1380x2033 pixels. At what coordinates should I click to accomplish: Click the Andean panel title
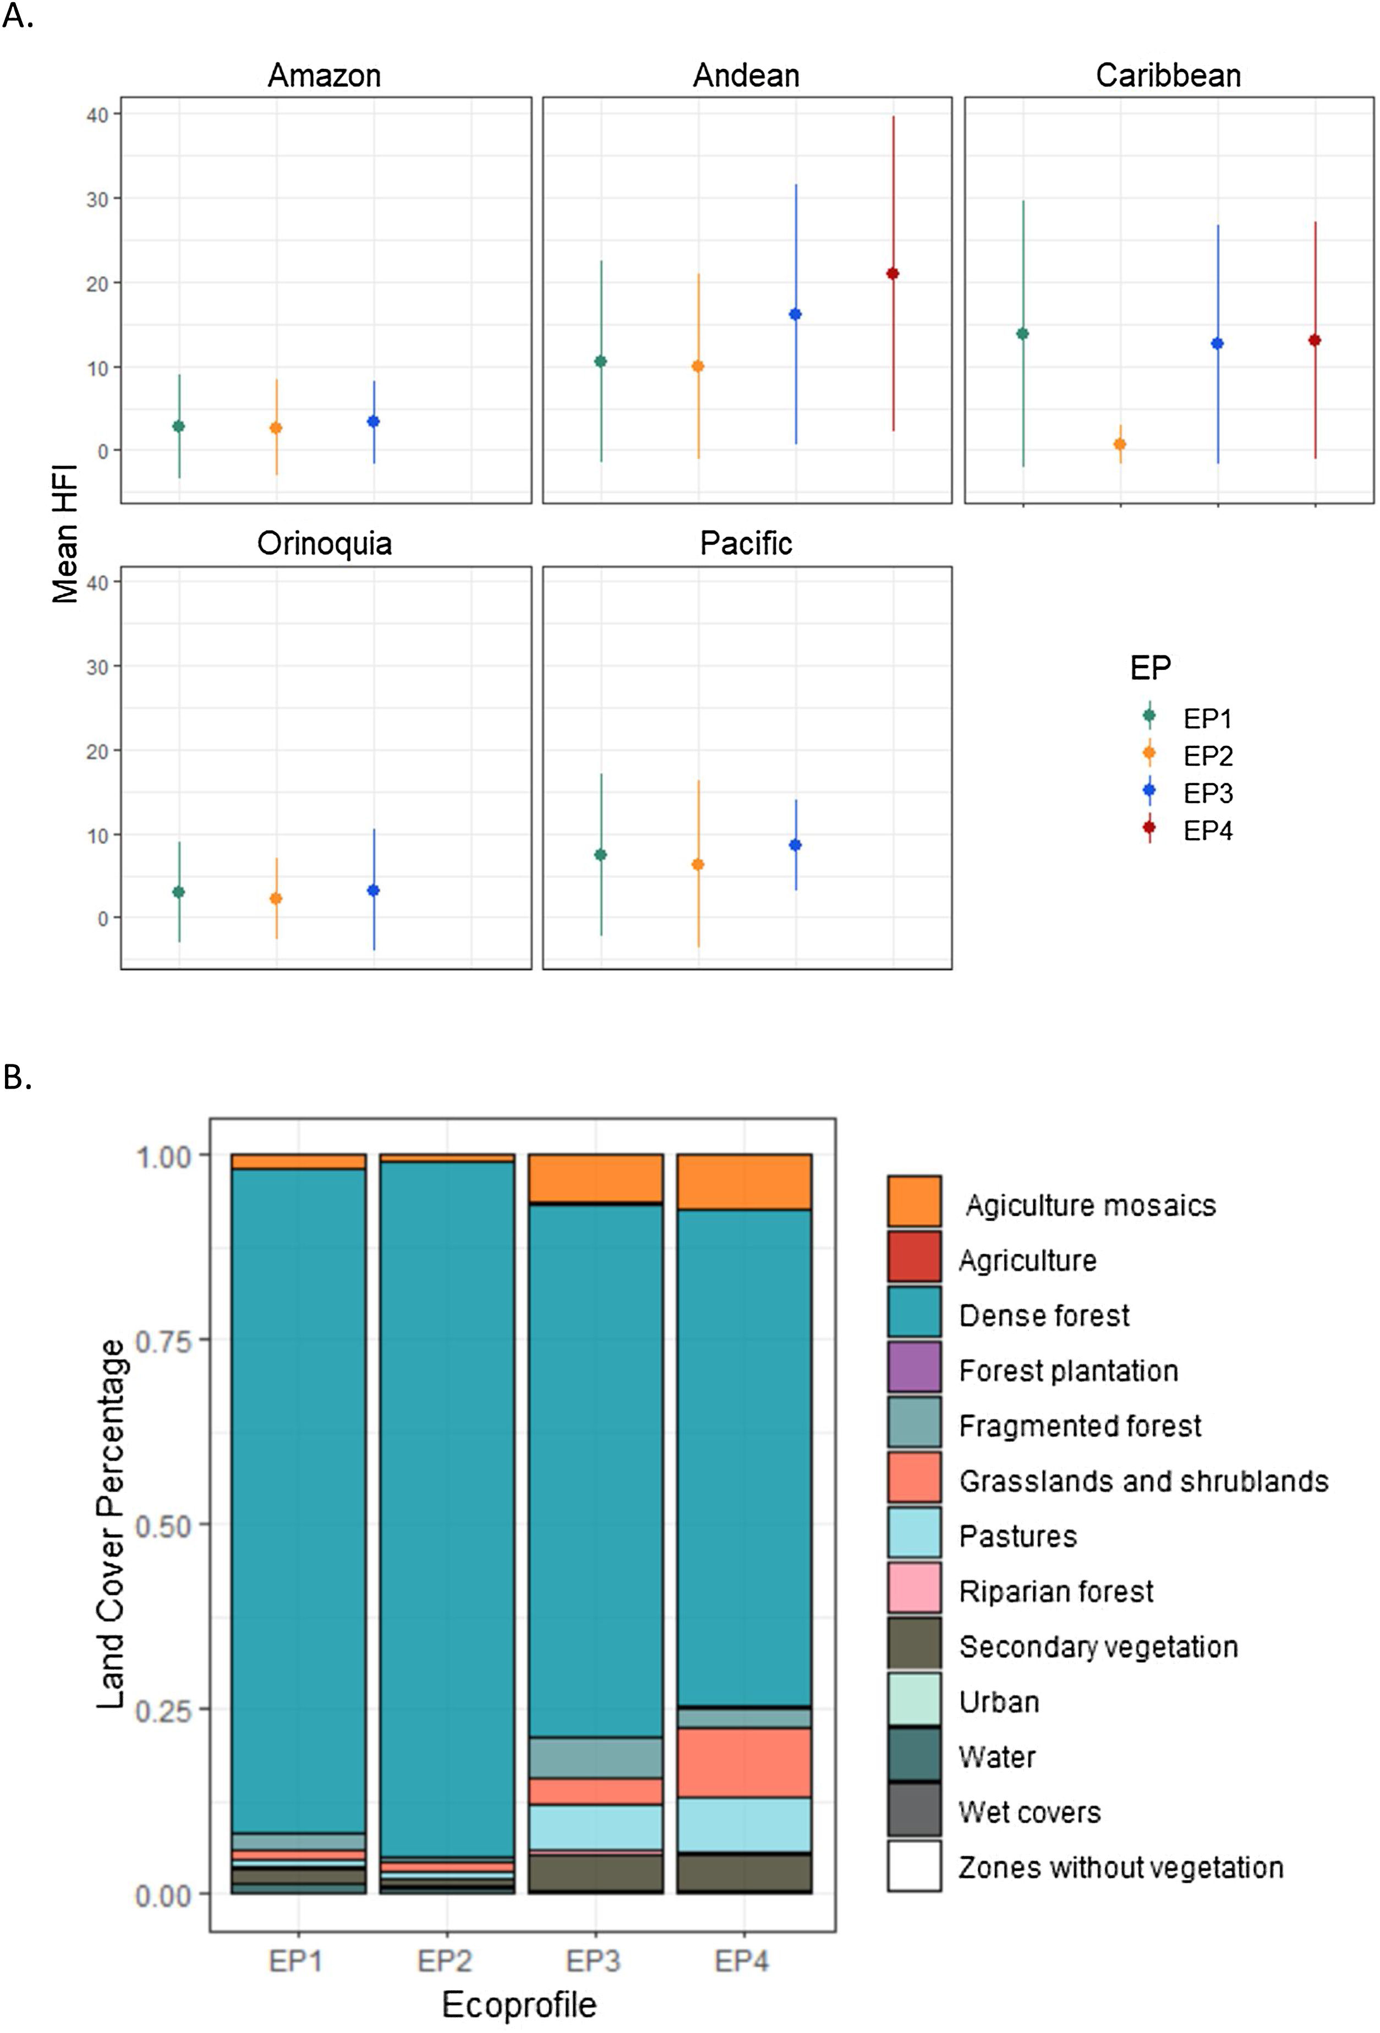[746, 76]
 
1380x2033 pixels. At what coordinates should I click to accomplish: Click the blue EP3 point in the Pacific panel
[796, 845]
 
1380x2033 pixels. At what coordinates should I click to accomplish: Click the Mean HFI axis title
[65, 534]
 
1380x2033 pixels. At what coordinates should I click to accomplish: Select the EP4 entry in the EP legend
[1207, 830]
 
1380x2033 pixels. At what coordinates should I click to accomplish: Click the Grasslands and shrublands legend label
[1143, 1481]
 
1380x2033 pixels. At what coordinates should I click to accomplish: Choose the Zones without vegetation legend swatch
[914, 1866]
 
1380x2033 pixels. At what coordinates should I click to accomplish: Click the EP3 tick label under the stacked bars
[594, 1961]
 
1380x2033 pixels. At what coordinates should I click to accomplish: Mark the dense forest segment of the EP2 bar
[447, 1505]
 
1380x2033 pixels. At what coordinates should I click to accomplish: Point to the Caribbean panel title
[1168, 76]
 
